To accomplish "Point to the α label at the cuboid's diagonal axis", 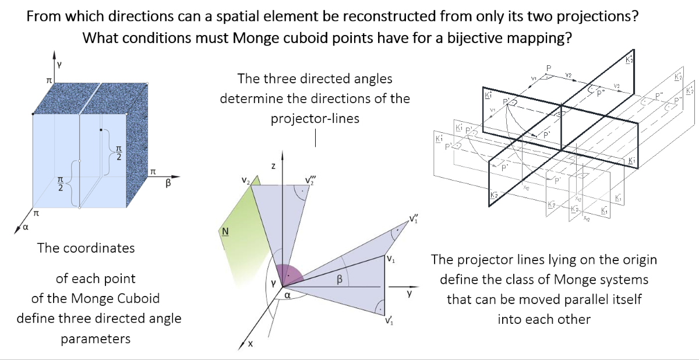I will tap(24, 228).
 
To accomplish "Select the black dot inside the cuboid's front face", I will tap(101, 129).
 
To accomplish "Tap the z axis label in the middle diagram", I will tap(273, 167).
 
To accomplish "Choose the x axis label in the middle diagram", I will tap(251, 344).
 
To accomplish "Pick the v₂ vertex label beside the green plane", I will tap(245, 182).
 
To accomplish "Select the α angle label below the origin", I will tap(287, 295).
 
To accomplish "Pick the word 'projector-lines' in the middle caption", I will tap(315, 118).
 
